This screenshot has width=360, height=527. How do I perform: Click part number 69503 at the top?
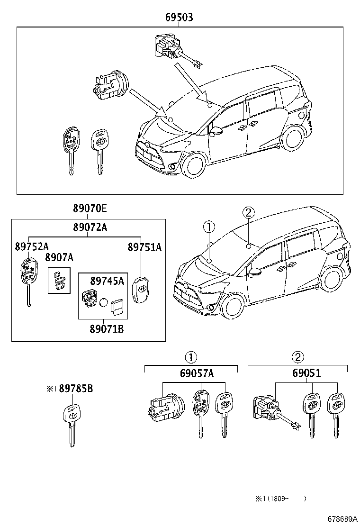coord(179,18)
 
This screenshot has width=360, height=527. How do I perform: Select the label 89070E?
coord(90,209)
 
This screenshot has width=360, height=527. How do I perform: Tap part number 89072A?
coord(90,227)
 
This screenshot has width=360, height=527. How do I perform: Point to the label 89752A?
coord(31,247)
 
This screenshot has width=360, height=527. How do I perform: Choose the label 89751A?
coord(144,247)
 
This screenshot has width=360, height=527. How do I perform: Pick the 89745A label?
coord(107,281)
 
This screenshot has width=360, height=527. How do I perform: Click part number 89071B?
coord(107,327)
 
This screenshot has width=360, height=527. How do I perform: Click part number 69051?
coord(306,373)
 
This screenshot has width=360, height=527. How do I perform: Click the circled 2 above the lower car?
coord(250,213)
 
